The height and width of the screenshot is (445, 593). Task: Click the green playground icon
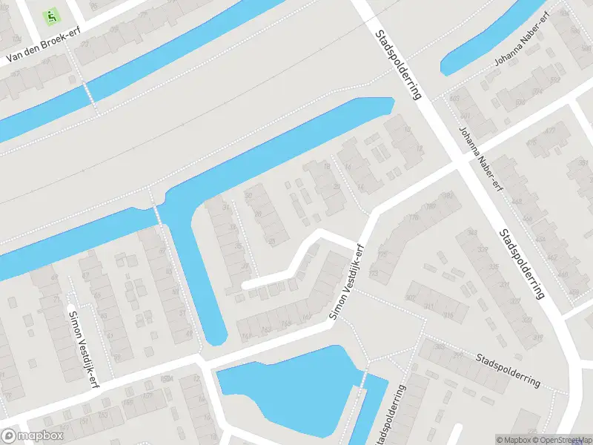[x=51, y=15]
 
